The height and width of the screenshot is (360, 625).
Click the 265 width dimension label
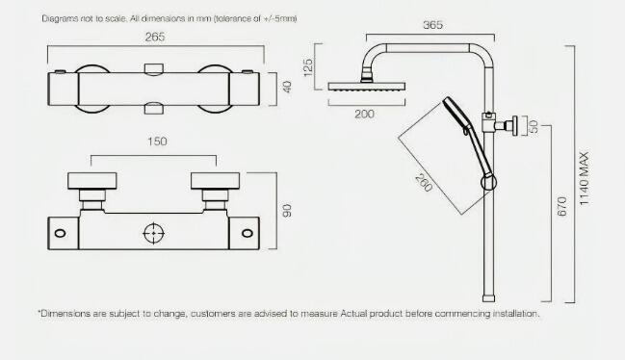155,37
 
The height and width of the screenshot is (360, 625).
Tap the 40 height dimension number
287,87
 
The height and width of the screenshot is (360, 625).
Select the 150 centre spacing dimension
157,141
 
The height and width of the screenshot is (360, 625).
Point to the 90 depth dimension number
287,211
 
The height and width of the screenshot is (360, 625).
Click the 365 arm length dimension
432,25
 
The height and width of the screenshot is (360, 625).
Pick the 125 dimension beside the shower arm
308,67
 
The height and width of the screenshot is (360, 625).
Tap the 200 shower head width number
364,115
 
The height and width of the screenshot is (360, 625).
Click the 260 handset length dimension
424,183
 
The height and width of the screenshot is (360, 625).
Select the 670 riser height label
561,206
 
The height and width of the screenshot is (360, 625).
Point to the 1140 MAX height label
584,179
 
